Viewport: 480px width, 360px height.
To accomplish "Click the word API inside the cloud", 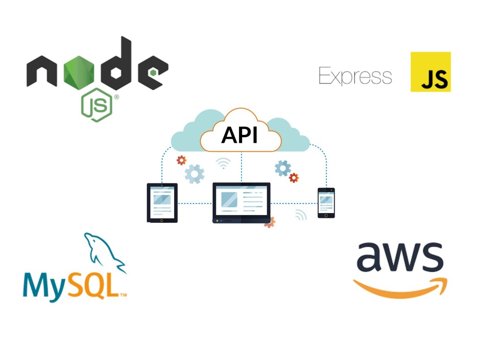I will click(x=240, y=135).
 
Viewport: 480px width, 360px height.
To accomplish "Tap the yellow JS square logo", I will click(x=431, y=72).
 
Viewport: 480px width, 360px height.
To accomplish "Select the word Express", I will click(x=355, y=76).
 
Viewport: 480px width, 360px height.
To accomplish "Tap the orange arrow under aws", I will click(x=401, y=288).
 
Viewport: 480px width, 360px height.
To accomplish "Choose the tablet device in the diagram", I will click(x=162, y=203).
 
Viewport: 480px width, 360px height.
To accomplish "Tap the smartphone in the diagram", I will click(x=326, y=203).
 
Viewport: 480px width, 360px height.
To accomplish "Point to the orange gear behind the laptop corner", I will click(x=270, y=222).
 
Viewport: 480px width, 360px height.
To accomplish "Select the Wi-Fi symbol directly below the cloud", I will click(x=223, y=163).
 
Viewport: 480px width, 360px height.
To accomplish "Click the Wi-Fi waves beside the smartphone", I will click(x=300, y=215).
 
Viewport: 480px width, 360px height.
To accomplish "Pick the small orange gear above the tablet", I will click(x=181, y=160).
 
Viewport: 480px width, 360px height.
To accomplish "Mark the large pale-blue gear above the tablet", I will click(x=194, y=174).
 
